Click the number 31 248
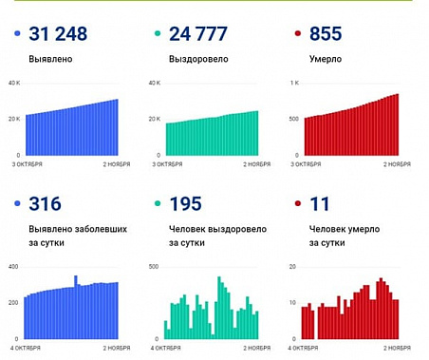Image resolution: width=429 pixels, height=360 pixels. [58, 34]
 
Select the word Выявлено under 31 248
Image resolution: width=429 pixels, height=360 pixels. [50, 59]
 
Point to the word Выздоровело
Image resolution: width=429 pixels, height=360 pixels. [199, 59]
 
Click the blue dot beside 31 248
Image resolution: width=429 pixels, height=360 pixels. [18, 35]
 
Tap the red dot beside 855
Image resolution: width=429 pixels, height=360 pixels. [300, 35]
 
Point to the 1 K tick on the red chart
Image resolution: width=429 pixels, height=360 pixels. [294, 84]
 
